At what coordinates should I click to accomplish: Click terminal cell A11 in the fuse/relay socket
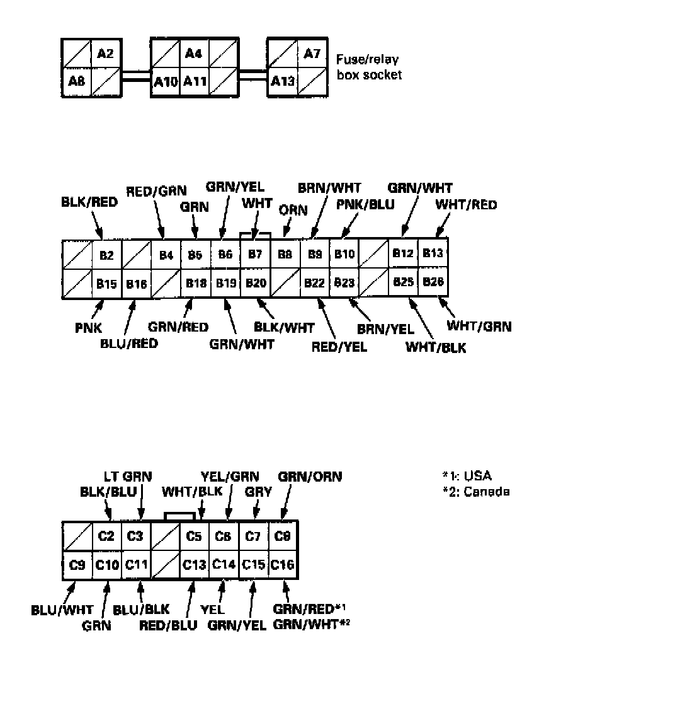(x=195, y=81)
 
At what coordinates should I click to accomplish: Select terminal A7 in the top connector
(x=312, y=54)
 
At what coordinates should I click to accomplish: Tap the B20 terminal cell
(x=256, y=282)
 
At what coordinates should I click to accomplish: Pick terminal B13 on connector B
(x=433, y=253)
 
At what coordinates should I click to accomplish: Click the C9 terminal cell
(x=77, y=565)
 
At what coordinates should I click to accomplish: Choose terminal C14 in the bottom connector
(x=224, y=565)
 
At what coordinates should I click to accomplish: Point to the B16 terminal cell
(x=136, y=284)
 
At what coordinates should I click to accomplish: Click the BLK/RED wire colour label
(x=89, y=202)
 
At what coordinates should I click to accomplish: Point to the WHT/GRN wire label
(x=479, y=327)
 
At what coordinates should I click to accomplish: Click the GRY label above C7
(x=258, y=492)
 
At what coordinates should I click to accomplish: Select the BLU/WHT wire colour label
(x=62, y=610)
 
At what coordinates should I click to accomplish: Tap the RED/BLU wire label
(x=168, y=625)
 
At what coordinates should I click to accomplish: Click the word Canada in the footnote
(x=486, y=492)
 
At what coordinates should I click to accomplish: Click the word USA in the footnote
(x=478, y=476)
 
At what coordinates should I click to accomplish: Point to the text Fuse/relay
(x=367, y=60)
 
